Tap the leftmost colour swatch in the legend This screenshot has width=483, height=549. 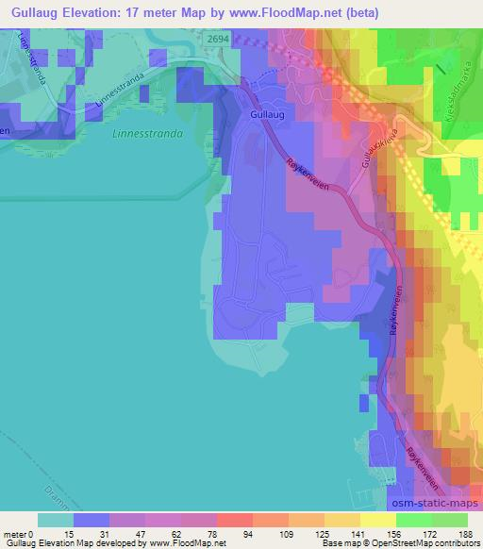tap(56, 520)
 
